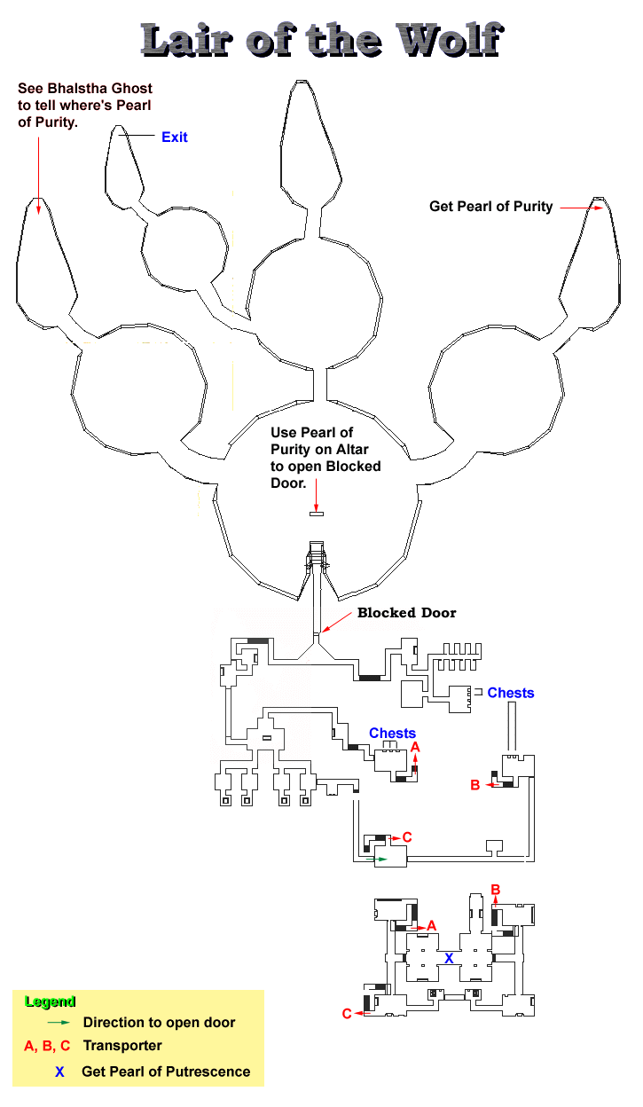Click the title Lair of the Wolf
pyautogui.click(x=322, y=40)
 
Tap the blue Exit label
pyautogui.click(x=174, y=137)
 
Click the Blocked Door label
pyautogui.click(x=406, y=613)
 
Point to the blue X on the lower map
pyautogui.click(x=449, y=958)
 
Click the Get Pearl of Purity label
pyautogui.click(x=490, y=207)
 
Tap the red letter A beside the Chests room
pyautogui.click(x=415, y=748)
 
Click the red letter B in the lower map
pyautogui.click(x=496, y=890)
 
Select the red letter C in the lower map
pyautogui.click(x=347, y=1014)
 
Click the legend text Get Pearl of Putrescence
pyautogui.click(x=166, y=1072)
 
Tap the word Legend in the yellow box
pyautogui.click(x=51, y=1002)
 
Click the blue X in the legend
pyautogui.click(x=59, y=1072)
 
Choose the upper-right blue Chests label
pyautogui.click(x=511, y=693)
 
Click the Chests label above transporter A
pyautogui.click(x=392, y=733)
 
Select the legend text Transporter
pyautogui.click(x=122, y=1046)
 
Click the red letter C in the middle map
pyautogui.click(x=407, y=836)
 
